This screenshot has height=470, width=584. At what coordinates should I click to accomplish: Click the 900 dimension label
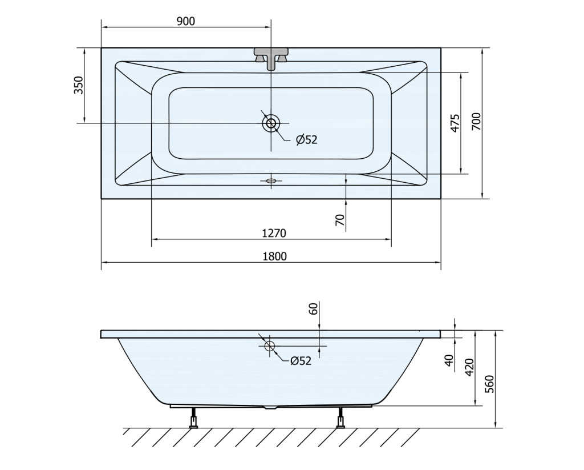coord(185,21)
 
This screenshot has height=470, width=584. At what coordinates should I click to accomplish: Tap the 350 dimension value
coord(79,85)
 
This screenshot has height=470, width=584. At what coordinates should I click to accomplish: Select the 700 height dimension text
coord(476,121)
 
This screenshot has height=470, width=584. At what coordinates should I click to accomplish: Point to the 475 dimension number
coord(455,123)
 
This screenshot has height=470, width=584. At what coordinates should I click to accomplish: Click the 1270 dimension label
coord(274,234)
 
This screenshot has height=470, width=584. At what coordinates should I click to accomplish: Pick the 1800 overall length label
coord(275,256)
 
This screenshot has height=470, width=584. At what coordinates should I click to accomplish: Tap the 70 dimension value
coord(340,220)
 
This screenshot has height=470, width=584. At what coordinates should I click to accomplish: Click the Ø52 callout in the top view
coord(306,139)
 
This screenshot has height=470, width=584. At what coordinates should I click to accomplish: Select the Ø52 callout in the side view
coord(301,361)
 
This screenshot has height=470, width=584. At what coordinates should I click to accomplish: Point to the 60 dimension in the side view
coord(314,308)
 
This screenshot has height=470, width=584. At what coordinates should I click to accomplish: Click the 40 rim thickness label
coord(450,360)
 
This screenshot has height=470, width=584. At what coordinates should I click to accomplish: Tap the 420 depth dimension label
coord(469,367)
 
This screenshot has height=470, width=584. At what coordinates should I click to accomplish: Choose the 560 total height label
coord(489,383)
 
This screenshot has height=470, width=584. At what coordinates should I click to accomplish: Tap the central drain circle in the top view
coord(271,123)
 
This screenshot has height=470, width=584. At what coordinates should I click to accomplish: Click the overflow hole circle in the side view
coord(269,346)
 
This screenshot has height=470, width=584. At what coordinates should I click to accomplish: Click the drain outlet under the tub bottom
coord(271,407)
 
